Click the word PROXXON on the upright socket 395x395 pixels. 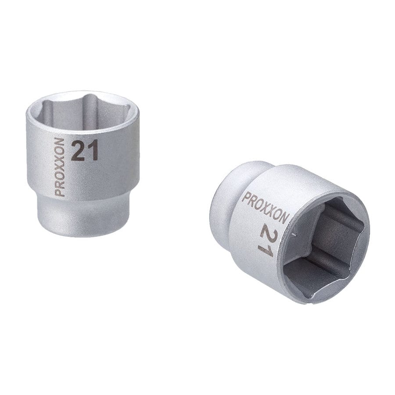[60, 167]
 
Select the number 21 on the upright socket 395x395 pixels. [84, 151]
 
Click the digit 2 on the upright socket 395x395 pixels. [77, 151]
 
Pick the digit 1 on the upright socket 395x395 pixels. [93, 150]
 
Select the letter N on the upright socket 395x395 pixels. [60, 142]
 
